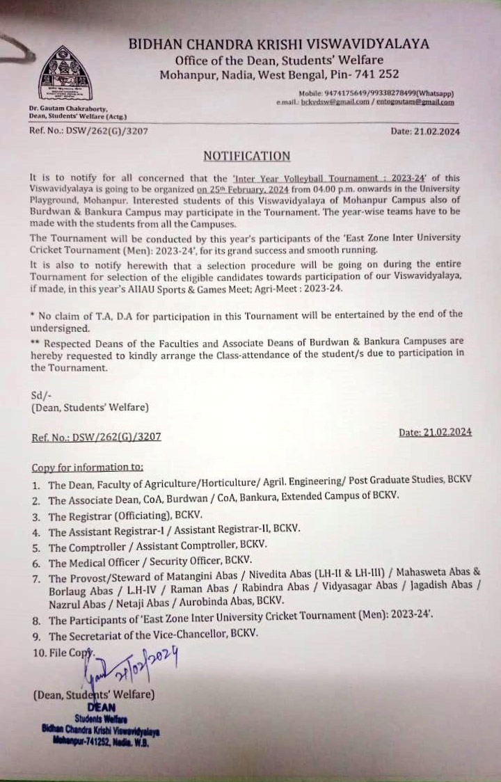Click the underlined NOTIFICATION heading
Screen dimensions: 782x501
[246, 156]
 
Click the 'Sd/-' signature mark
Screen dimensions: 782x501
[41, 394]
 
